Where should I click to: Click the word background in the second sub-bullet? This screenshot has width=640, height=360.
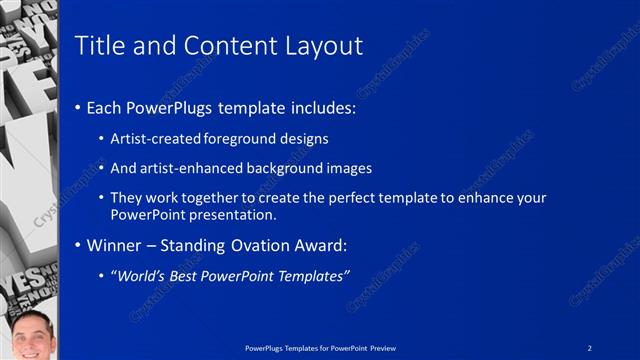[289, 168]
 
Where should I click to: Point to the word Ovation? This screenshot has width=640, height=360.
[271, 245]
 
